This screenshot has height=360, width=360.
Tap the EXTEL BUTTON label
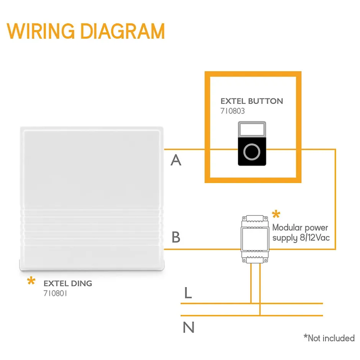[252, 101]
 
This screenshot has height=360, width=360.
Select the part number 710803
[232, 111]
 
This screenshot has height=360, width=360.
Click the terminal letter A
[176, 160]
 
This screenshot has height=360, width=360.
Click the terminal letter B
[176, 237]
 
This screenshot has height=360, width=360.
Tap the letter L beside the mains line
[188, 293]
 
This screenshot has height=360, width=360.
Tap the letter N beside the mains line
[188, 327]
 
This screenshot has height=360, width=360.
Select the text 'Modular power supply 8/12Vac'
[301, 233]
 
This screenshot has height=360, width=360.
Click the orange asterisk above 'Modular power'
[276, 215]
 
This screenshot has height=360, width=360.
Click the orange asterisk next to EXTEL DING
[31, 282]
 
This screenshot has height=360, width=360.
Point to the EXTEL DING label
[68, 284]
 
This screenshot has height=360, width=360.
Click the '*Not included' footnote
[329, 338]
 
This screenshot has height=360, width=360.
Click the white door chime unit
[92, 199]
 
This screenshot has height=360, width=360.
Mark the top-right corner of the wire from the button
[335, 149]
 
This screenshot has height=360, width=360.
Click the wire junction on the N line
[260, 315]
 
